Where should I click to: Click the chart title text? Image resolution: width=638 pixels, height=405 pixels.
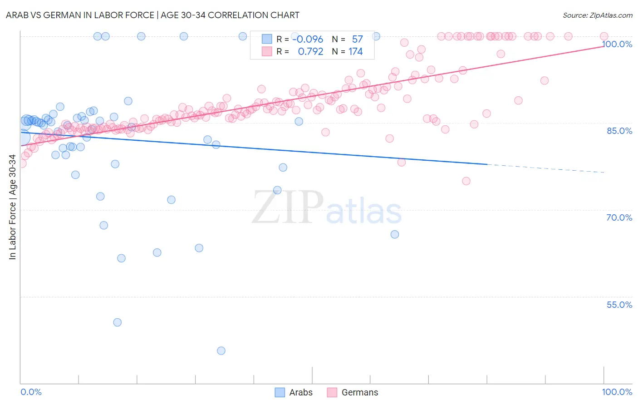coord(152,15)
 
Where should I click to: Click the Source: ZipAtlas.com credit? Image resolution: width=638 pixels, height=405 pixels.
coord(597,15)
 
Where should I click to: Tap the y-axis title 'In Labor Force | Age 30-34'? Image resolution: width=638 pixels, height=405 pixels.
coord(12,207)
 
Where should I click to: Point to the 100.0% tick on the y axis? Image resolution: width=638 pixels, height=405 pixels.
coord(617,44)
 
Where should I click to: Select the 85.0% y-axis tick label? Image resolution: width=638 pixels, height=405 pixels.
coord(619,131)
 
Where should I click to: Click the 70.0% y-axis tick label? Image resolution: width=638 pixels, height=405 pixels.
coord(619,217)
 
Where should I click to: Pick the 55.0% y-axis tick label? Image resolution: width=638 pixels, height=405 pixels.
coord(619,305)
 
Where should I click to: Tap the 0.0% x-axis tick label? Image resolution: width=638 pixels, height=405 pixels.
coord(31,392)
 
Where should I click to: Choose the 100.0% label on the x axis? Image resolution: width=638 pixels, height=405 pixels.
coord(617,392)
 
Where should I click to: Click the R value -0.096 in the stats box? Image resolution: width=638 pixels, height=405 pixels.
coord(308,40)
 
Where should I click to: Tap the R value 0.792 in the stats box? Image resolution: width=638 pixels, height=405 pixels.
coord(310,52)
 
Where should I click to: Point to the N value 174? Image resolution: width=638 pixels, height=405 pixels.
coord(355,52)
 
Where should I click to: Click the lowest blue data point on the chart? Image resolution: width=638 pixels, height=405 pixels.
coord(221,351)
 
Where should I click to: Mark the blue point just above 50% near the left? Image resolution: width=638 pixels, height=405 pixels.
coord(118,322)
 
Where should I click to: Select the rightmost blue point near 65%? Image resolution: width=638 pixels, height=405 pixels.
coord(395,234)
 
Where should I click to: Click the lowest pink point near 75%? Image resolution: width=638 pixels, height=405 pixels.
coord(466,181)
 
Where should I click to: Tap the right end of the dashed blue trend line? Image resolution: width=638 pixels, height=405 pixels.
coord(604,173)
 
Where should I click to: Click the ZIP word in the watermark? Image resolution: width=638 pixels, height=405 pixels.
coord(288,207)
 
